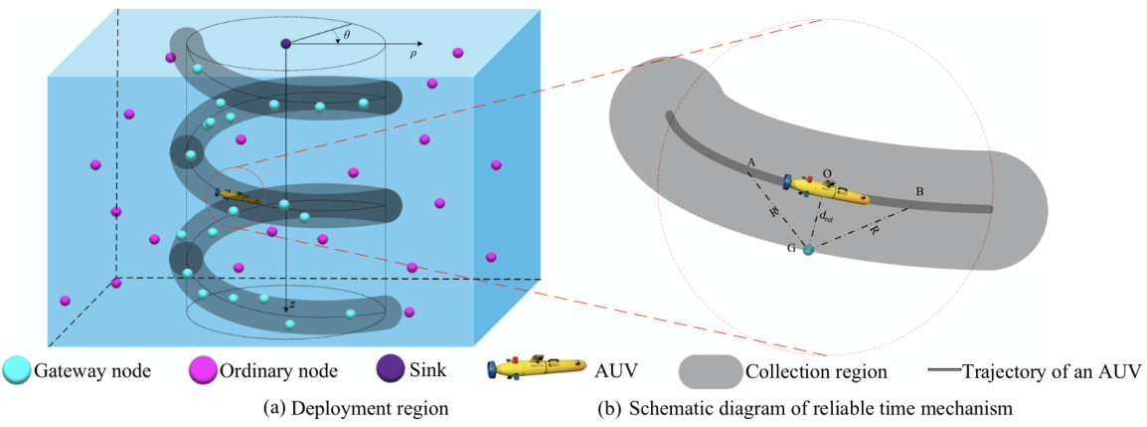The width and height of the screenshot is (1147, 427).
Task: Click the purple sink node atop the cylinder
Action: coord(286,44)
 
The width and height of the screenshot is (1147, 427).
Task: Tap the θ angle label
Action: coord(346,35)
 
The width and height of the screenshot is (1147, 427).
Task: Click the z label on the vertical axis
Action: coord(292,306)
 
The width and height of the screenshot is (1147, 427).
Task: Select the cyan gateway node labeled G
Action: coord(807,249)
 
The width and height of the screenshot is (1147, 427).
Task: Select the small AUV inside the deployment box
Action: coord(236,196)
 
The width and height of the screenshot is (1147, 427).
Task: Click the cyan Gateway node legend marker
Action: coord(16,370)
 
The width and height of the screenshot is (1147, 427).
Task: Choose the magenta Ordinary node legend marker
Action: coord(202,370)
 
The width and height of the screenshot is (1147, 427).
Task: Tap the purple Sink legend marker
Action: coord(391,369)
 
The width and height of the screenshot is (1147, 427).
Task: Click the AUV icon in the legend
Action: coord(537,369)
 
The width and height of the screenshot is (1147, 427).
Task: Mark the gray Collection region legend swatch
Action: coord(710,370)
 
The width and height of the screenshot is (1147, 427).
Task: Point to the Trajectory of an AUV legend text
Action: coord(1050,371)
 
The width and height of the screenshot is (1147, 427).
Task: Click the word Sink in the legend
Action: coord(430,371)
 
